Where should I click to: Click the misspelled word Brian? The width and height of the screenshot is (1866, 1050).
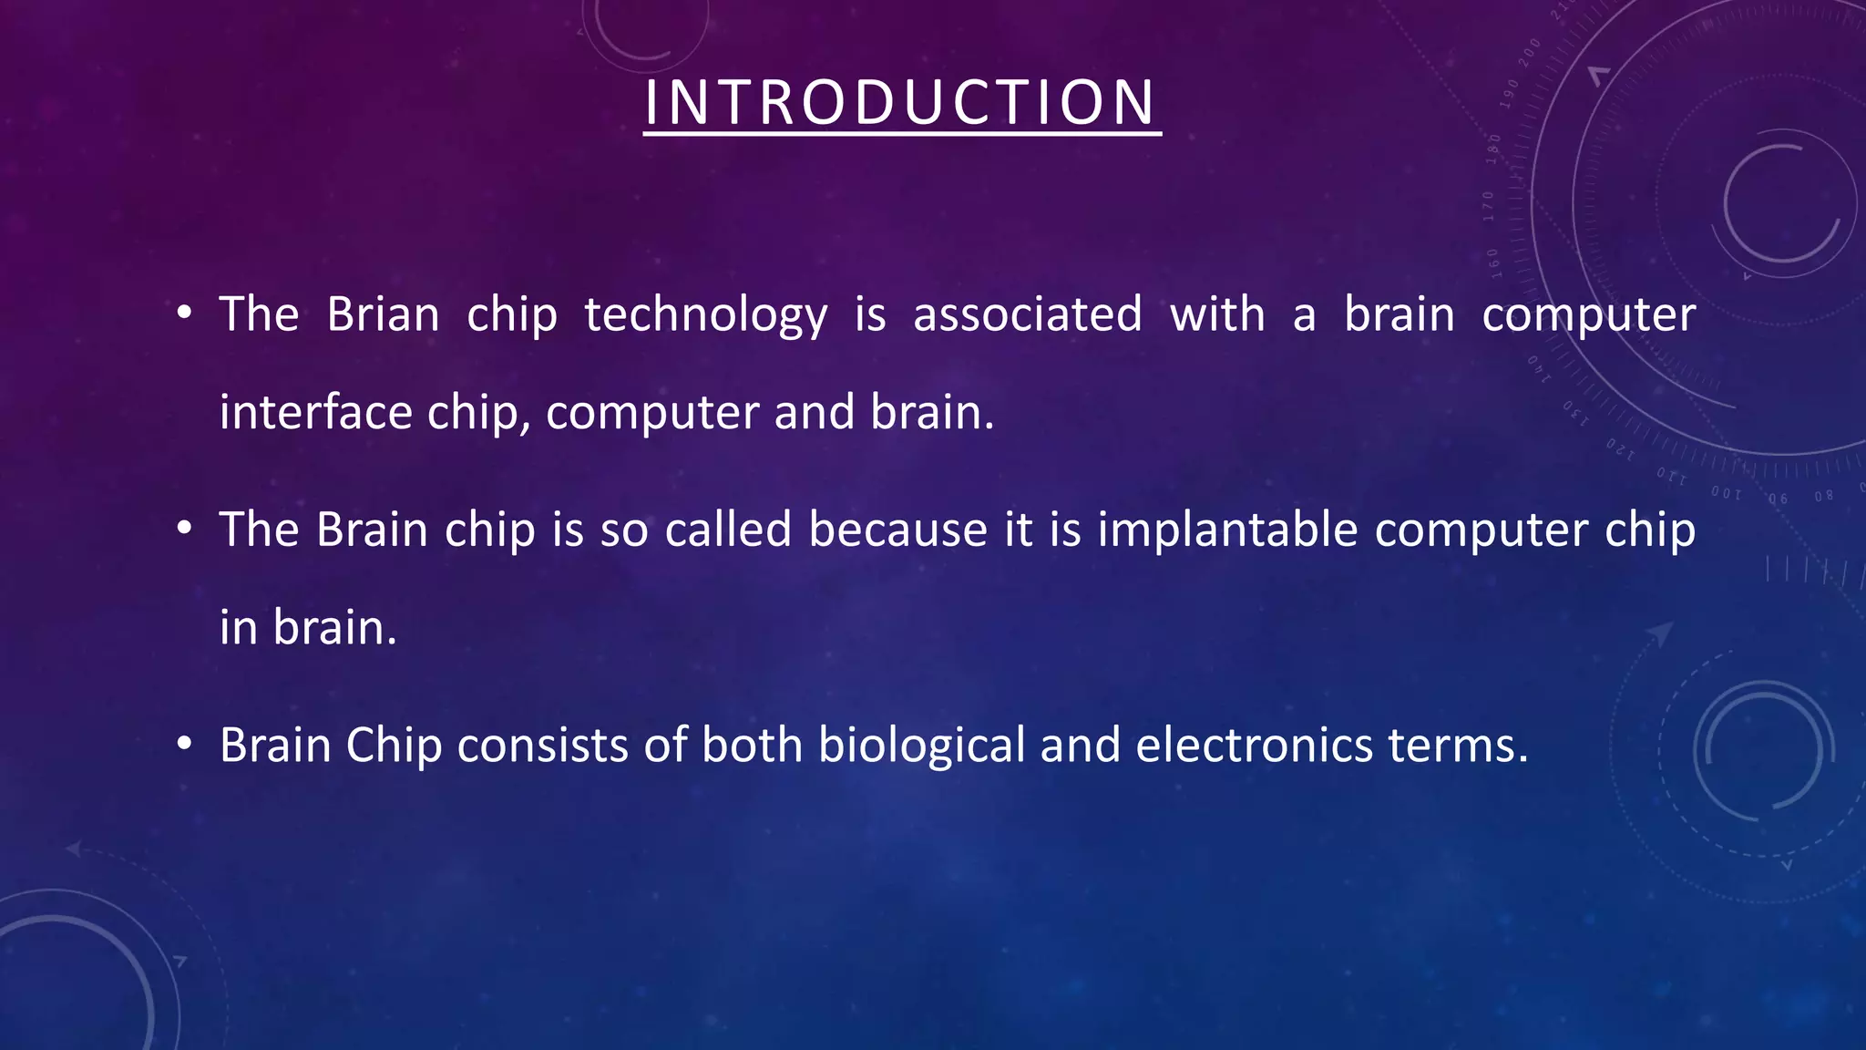pos(383,314)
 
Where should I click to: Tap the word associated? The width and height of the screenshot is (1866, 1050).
pos(1027,314)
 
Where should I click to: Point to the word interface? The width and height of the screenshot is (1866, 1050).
pos(315,412)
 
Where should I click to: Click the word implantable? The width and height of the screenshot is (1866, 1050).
pos(1227,530)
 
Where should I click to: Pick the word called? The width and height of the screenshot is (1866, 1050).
pos(728,530)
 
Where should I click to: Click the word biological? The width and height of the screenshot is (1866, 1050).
pos(921,746)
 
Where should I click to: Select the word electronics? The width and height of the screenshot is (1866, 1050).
pos(1254,746)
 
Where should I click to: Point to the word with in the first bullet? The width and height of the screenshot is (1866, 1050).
pos(1217,314)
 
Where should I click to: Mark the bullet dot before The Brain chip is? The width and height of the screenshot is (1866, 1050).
pos(184,530)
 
